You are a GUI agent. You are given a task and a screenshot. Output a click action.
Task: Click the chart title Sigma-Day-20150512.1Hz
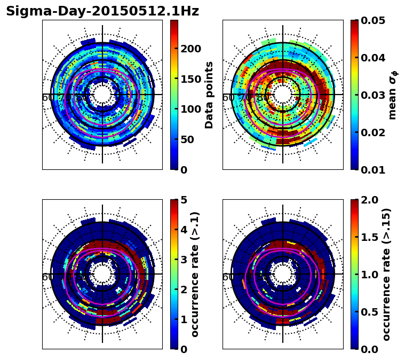(x=102, y=11)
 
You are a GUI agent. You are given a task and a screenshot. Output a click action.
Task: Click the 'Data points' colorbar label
(x=209, y=95)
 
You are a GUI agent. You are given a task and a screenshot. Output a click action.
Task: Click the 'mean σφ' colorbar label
(x=392, y=95)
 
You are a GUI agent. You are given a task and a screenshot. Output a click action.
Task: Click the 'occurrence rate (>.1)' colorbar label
(x=195, y=275)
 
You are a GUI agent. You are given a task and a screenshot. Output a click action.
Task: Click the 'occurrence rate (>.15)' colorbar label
(x=386, y=275)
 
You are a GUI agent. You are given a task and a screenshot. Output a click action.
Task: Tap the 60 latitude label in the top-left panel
(x=47, y=98)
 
